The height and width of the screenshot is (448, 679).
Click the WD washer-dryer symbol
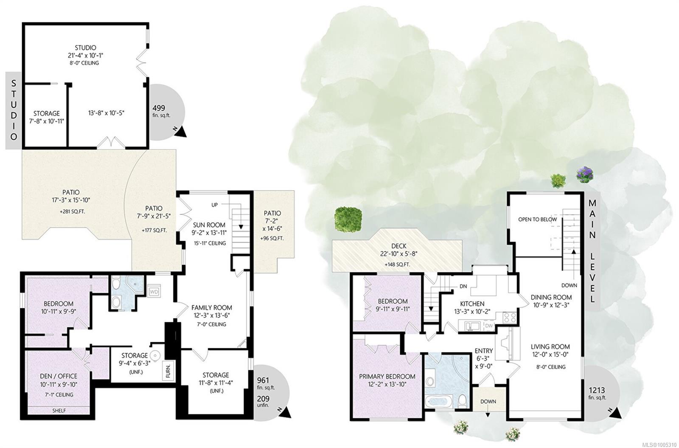[154, 292]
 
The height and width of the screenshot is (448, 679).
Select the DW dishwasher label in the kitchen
[489, 325]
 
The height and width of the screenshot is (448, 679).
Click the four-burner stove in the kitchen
[510, 318]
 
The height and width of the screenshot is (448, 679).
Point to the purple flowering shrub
[585, 175]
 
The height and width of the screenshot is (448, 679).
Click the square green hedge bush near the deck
[348, 219]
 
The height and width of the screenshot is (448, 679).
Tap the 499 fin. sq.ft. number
[159, 108]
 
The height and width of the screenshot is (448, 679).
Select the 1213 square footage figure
[597, 390]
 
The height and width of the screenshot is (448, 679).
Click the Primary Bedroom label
[387, 376]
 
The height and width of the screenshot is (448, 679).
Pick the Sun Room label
[209, 225]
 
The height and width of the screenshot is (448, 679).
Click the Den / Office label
[59, 376]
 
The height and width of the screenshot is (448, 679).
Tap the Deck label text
[398, 246]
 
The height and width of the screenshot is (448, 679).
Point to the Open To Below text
[537, 219]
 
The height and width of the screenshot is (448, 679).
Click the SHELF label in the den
[59, 410]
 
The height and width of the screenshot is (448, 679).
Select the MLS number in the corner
[662, 444]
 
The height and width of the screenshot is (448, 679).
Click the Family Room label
[212, 307]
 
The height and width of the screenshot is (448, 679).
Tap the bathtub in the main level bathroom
[439, 402]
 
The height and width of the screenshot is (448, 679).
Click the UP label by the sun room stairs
[215, 205]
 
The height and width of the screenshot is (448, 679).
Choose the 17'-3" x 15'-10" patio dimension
[71, 200]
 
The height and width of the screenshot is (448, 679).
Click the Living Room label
[550, 347]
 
